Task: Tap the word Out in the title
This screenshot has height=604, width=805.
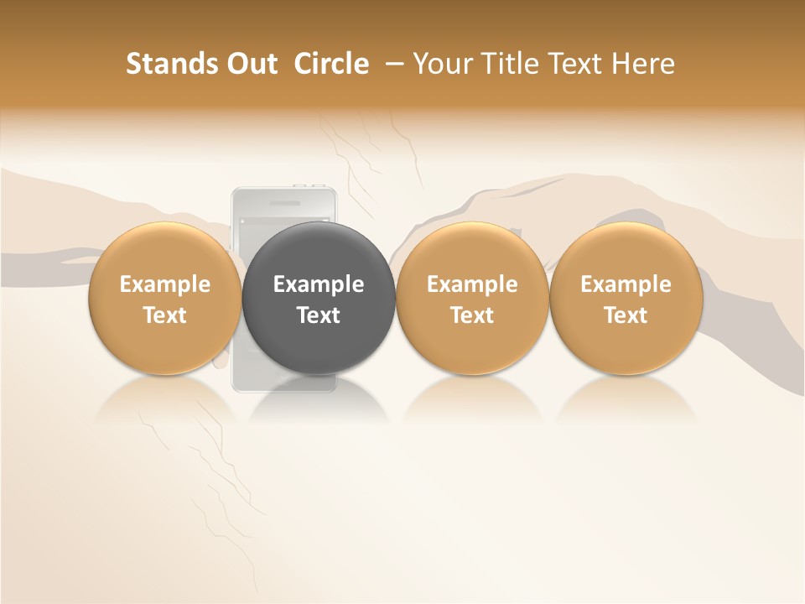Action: pyautogui.click(x=251, y=64)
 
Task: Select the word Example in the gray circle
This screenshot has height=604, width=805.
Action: pyautogui.click(x=319, y=284)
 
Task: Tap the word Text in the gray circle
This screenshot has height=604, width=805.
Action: pyautogui.click(x=319, y=315)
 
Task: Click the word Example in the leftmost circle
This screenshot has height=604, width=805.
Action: pyautogui.click(x=165, y=284)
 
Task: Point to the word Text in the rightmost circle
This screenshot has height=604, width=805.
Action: pyautogui.click(x=626, y=315)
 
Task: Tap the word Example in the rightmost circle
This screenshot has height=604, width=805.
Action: pyautogui.click(x=626, y=284)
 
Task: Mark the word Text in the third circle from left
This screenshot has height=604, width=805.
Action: pyautogui.click(x=472, y=315)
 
